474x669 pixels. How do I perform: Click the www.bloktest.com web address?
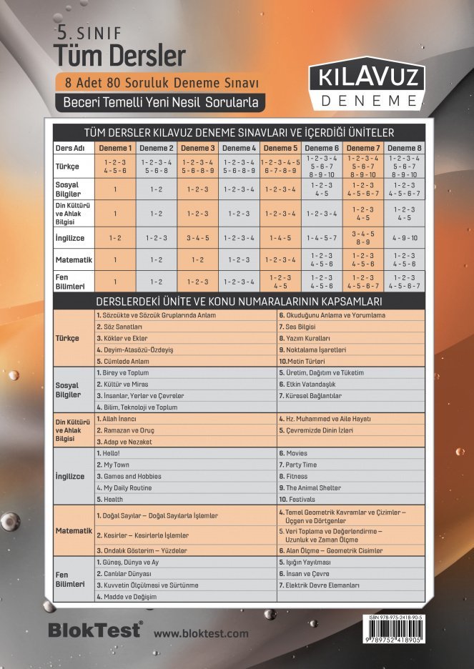(x=201, y=633)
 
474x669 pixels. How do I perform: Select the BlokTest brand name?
(x=94, y=630)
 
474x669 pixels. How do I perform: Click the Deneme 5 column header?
(x=280, y=148)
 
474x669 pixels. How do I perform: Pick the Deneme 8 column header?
(x=405, y=148)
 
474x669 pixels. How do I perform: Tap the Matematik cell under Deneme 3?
(x=197, y=259)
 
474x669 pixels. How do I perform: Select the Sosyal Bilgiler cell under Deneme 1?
(x=114, y=189)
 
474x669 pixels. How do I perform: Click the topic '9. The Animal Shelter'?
(x=314, y=487)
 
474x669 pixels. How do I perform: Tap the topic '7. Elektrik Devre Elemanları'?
(x=319, y=585)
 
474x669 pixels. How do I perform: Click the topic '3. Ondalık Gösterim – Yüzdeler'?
(x=142, y=550)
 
